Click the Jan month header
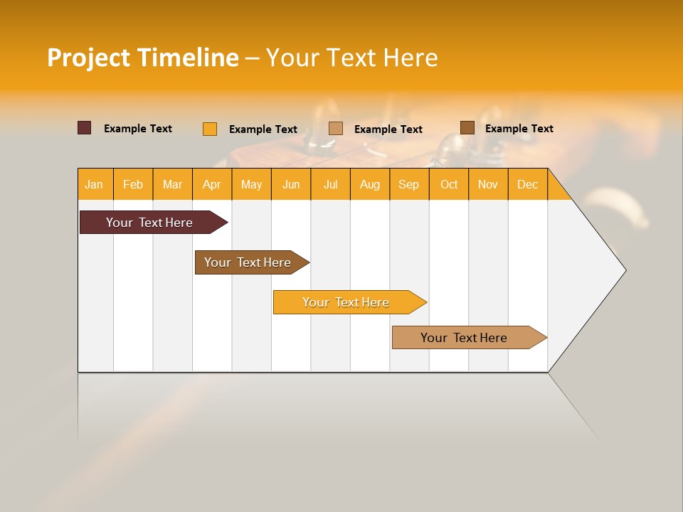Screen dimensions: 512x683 [x=95, y=184]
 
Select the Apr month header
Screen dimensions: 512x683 [x=212, y=184]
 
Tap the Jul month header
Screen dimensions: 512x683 [x=330, y=184]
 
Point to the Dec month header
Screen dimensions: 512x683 [x=527, y=184]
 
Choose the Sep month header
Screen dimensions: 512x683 [x=409, y=184]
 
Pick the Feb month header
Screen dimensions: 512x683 [x=133, y=184]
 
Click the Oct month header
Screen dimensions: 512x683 [x=449, y=184]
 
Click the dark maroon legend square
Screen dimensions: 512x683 [x=85, y=128]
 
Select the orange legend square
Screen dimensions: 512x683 [x=210, y=129]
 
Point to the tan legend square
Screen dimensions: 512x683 [x=336, y=129]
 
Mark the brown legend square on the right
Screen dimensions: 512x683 [x=467, y=128]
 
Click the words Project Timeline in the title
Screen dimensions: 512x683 [x=142, y=58]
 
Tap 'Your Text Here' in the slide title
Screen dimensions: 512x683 [x=351, y=58]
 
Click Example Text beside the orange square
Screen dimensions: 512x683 [x=263, y=129]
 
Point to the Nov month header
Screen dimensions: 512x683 [x=488, y=184]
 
